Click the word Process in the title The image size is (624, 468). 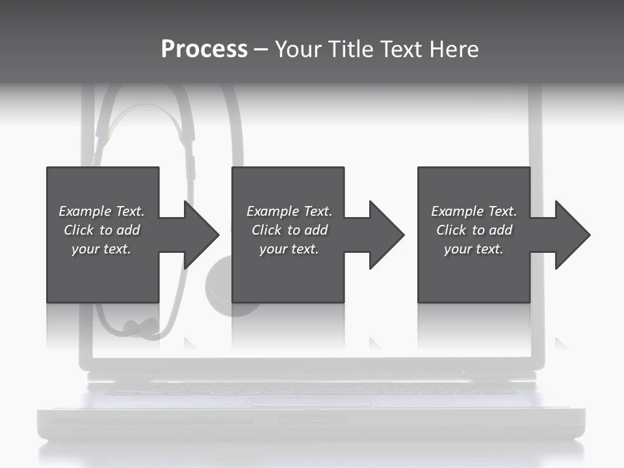pyautogui.click(x=204, y=49)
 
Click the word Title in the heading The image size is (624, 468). pyautogui.click(x=348, y=49)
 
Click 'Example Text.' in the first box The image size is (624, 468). pyautogui.click(x=101, y=211)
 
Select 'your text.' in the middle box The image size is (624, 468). pyautogui.click(x=289, y=249)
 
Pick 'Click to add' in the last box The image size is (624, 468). pyautogui.click(x=474, y=230)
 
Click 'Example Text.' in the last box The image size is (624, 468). pyautogui.click(x=474, y=211)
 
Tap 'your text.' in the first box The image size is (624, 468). pyautogui.click(x=101, y=249)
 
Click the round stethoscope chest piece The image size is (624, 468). pyautogui.click(x=221, y=286)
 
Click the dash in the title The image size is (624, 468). pyautogui.click(x=261, y=49)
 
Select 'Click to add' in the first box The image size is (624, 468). pyautogui.click(x=101, y=230)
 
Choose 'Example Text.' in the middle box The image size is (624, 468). pyautogui.click(x=289, y=211)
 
